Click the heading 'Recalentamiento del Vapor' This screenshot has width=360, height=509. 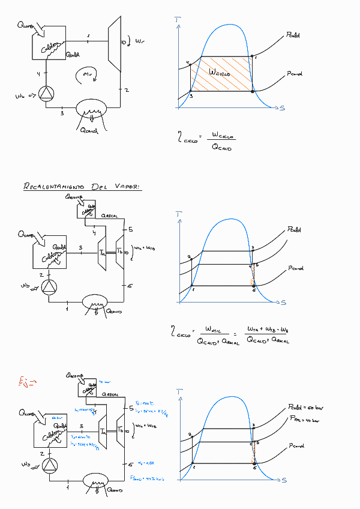82,187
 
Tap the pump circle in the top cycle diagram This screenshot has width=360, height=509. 46,94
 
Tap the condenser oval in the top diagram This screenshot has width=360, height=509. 91,109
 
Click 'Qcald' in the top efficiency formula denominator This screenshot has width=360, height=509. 221,148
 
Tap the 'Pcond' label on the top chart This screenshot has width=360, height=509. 295,73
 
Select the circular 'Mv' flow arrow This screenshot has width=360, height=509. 86,74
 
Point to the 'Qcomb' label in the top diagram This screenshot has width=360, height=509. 26,26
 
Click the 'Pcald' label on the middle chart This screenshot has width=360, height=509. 294,229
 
